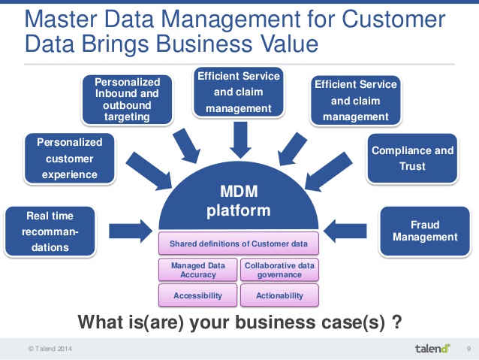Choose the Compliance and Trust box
(x=412, y=158)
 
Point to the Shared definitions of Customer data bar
(x=238, y=244)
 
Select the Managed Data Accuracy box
(x=197, y=270)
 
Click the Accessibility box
(x=197, y=295)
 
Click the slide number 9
(x=468, y=348)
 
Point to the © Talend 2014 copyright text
(x=52, y=349)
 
